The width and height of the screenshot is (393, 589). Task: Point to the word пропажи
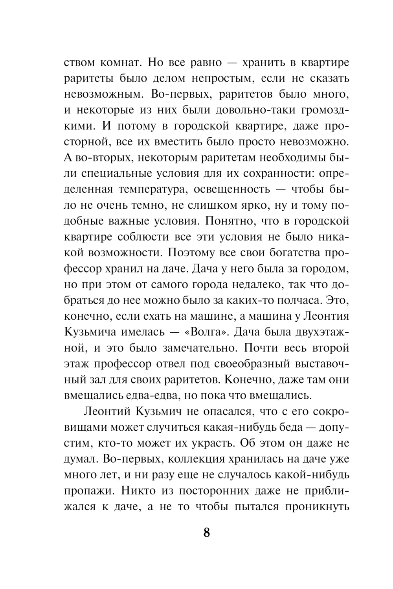pos(88,491)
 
